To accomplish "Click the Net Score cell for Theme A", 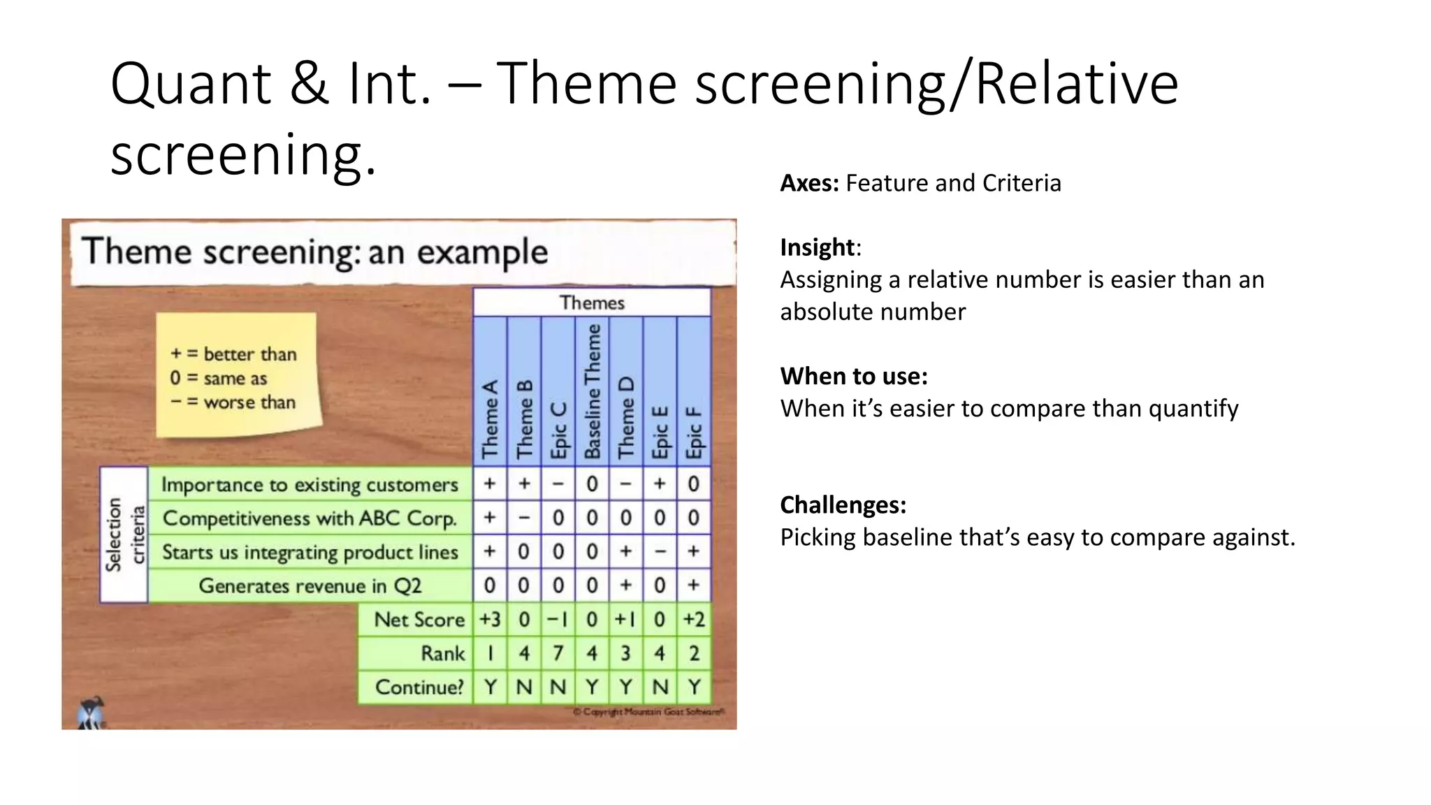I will click(490, 619).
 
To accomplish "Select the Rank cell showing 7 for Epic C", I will click(558, 653).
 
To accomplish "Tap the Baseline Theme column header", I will click(592, 391).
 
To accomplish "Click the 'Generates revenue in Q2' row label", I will click(310, 586).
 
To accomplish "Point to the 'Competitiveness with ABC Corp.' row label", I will click(310, 518).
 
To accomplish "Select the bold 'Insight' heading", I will click(817, 247).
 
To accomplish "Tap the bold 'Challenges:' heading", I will click(843, 505).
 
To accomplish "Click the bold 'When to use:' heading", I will click(853, 376).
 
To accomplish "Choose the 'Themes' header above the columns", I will click(592, 303).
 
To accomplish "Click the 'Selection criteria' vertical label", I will click(124, 535).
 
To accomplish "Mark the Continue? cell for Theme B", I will click(524, 687).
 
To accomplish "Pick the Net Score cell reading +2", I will click(694, 619).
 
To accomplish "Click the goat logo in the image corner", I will click(91, 713).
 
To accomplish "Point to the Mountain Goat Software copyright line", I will click(648, 712).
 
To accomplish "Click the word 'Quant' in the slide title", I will click(190, 84).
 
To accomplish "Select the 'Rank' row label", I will click(442, 653).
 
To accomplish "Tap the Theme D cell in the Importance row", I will click(626, 484).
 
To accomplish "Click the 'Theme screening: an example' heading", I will click(314, 252).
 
